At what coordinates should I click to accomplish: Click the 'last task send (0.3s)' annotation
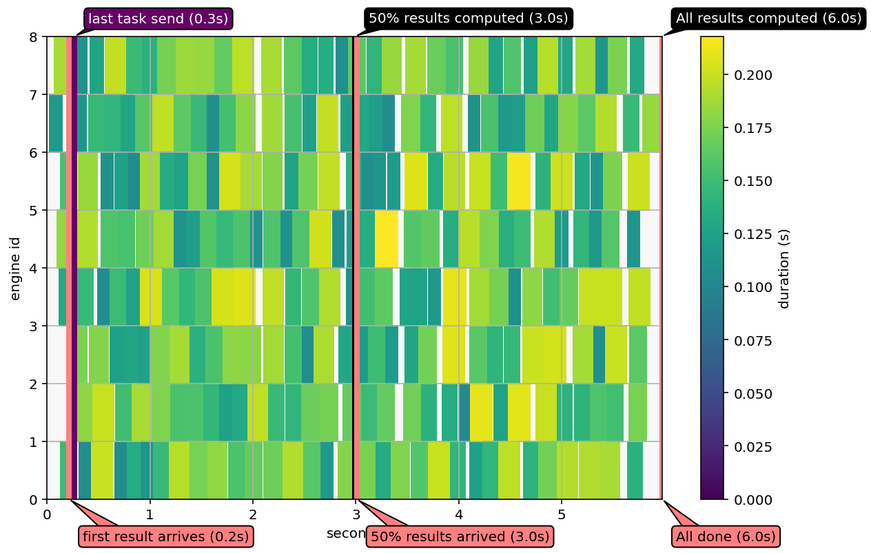(x=158, y=19)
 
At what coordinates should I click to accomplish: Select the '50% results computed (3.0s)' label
(x=468, y=19)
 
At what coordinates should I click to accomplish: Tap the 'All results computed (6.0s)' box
(x=768, y=19)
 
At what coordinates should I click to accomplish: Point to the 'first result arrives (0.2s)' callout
(x=165, y=536)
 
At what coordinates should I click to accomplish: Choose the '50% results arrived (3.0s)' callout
(x=460, y=536)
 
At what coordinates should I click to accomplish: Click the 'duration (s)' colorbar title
(x=784, y=267)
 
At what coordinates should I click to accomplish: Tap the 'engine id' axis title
(x=16, y=267)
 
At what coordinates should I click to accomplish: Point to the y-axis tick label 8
(x=33, y=36)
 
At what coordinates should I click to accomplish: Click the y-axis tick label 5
(x=33, y=210)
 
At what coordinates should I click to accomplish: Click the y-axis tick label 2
(x=33, y=384)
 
